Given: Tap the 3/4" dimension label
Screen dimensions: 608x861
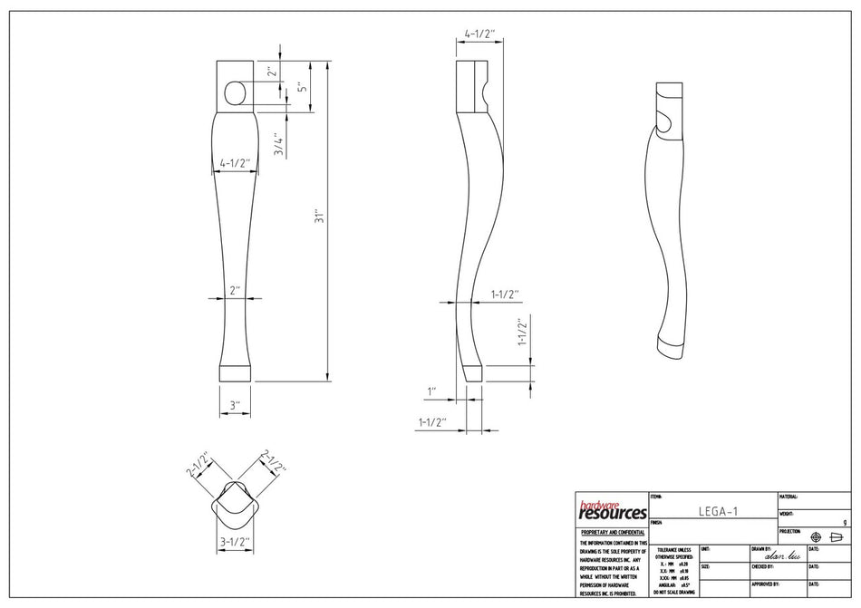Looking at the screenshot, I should coord(281,145).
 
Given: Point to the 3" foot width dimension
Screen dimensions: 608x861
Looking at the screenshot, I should coord(235,405).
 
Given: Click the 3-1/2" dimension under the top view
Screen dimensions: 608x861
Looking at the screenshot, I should coord(235,543).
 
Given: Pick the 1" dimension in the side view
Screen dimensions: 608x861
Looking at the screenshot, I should coord(433,391).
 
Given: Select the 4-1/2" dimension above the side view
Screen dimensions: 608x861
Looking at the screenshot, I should coord(479,34).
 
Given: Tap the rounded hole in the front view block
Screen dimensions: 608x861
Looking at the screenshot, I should coord(234,92).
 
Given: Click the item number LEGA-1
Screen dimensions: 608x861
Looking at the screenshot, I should coord(718,511).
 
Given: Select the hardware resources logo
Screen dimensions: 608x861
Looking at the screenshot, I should coord(613,510).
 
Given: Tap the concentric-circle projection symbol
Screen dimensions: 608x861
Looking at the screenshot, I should coord(816,536).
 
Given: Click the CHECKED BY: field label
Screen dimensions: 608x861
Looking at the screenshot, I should coord(762,566).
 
